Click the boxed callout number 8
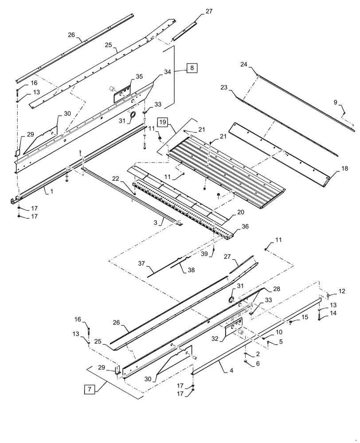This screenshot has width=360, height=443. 192,68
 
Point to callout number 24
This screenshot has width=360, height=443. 244,64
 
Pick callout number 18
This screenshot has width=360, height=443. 344,169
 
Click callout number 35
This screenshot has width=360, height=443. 139,77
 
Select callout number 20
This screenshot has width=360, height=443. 240,212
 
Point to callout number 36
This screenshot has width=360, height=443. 245,226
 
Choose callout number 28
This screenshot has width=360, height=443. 276,289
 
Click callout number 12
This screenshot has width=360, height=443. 341,291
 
